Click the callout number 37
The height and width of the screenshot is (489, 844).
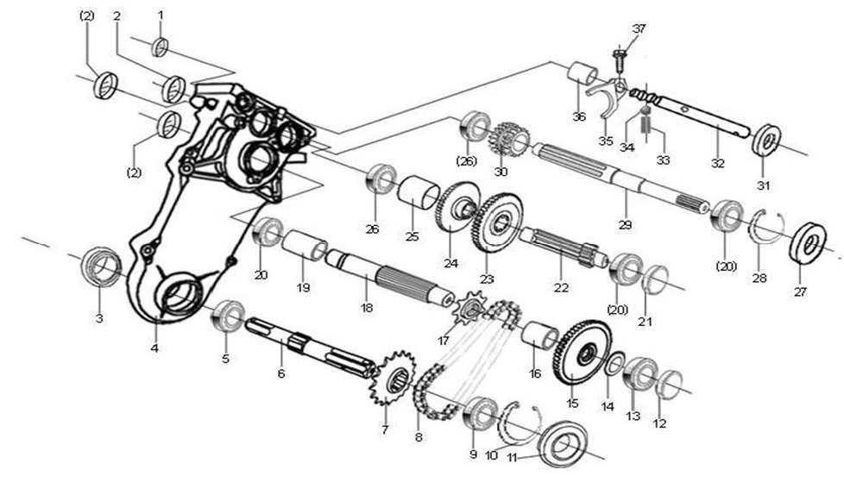tap(639, 29)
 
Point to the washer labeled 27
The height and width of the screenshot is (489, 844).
tap(809, 242)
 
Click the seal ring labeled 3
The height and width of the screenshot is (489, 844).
tap(101, 267)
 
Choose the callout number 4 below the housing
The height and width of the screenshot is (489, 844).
tap(155, 348)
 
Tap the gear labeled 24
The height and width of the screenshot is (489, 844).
tap(457, 206)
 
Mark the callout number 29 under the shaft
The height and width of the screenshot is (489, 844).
tap(625, 224)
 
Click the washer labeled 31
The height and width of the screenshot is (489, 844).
tap(766, 140)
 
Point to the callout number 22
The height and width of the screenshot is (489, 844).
tap(561, 286)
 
